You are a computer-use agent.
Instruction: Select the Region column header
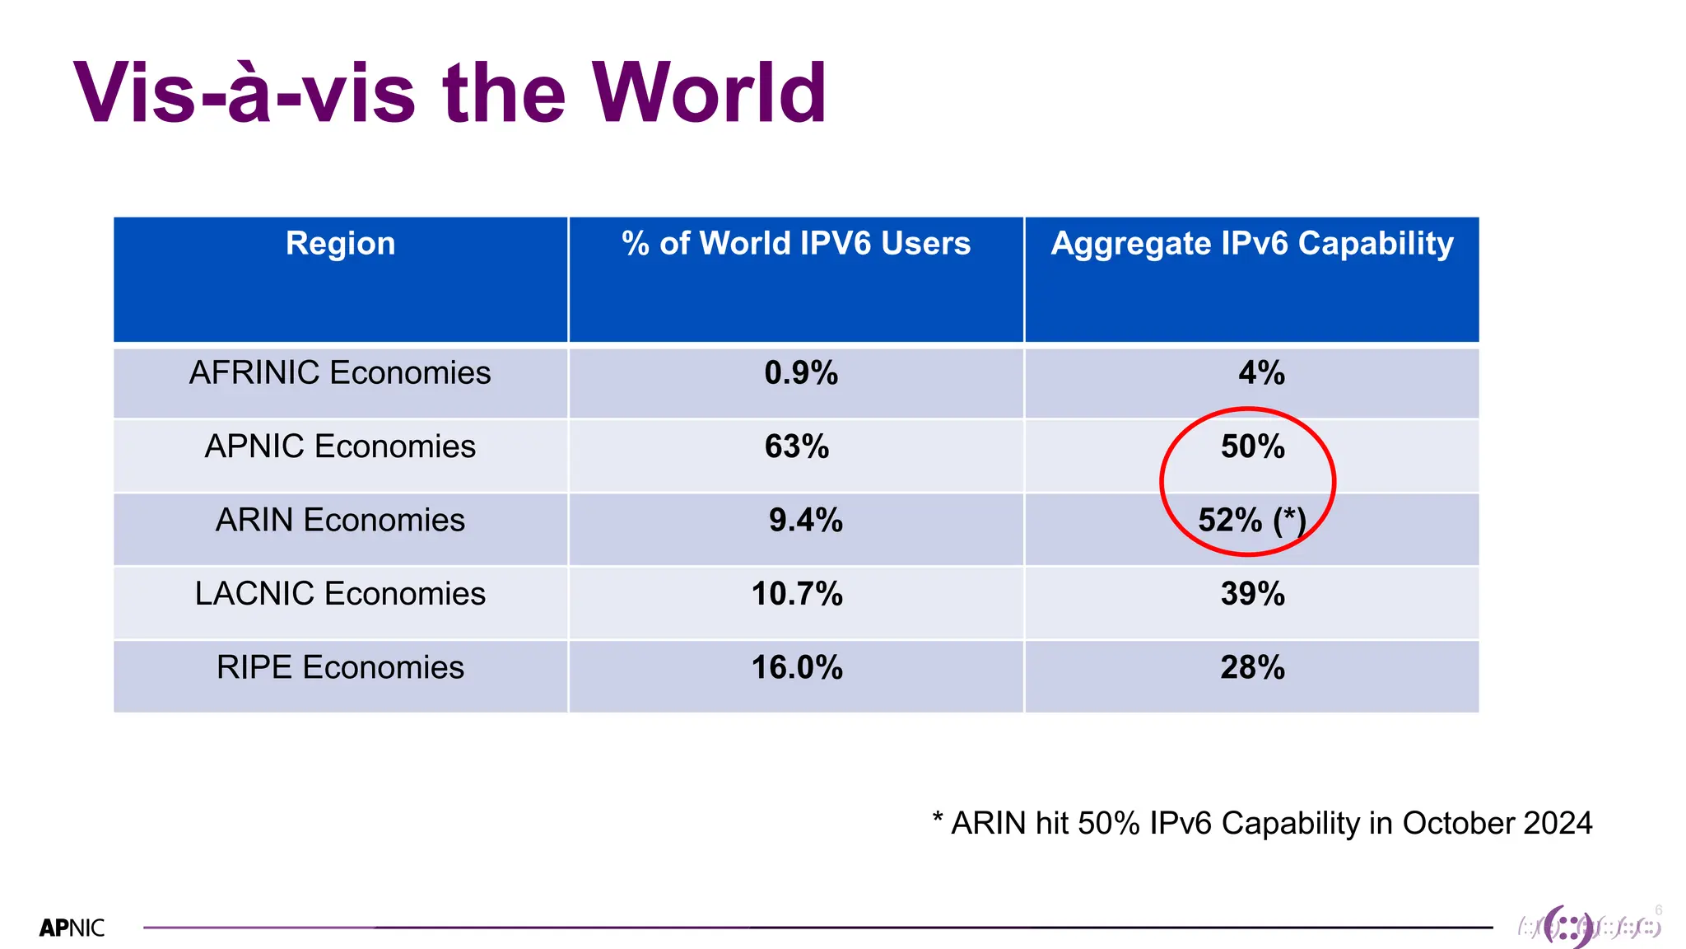(340, 244)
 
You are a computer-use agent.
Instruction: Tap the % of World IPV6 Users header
(796, 244)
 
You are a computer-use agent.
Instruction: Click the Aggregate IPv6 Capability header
(1251, 244)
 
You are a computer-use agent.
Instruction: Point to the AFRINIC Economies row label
(340, 373)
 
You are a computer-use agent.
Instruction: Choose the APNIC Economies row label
(340, 446)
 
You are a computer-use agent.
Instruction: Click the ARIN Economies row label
(340, 521)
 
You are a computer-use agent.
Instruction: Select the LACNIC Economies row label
(340, 594)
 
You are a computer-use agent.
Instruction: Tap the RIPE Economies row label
(340, 667)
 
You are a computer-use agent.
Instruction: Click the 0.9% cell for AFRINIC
(800, 373)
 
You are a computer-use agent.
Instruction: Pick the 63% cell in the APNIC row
(796, 446)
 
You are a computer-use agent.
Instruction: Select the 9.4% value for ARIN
(805, 521)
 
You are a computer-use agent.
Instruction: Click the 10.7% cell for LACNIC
(797, 594)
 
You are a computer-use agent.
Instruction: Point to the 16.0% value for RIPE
(797, 667)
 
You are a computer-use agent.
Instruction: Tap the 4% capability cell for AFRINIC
(1261, 373)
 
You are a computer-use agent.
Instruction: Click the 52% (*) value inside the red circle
(1251, 521)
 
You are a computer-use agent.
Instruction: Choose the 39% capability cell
(1252, 594)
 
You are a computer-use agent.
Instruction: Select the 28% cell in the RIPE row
(1252, 667)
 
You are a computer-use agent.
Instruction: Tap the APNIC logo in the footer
(72, 928)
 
